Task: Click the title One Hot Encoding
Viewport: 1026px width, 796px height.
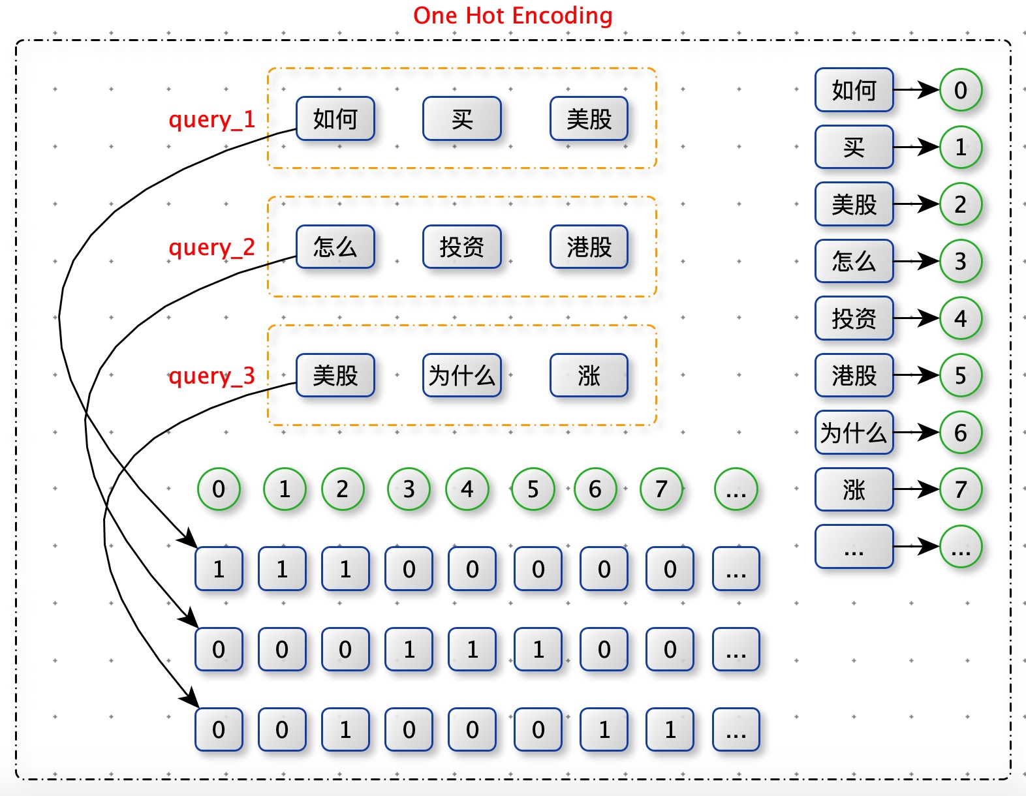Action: click(x=513, y=16)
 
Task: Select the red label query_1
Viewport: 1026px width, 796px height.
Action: click(x=212, y=119)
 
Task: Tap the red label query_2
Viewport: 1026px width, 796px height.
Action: click(x=212, y=247)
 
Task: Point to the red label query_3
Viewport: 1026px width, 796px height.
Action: click(x=212, y=376)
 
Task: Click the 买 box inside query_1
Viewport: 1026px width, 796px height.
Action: click(x=462, y=119)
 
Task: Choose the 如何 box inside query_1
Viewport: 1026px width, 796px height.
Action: click(x=335, y=119)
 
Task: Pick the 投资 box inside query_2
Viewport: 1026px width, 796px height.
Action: click(x=462, y=247)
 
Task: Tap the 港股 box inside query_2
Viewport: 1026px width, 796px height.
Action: click(x=589, y=247)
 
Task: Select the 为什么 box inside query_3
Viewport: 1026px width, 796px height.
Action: click(x=462, y=375)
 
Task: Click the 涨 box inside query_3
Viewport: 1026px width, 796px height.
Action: click(x=589, y=375)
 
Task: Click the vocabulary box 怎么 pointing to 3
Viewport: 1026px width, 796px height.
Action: click(x=854, y=261)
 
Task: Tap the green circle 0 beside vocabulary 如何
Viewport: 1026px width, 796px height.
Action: click(x=960, y=89)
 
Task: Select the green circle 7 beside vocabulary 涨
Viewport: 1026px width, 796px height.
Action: click(x=960, y=489)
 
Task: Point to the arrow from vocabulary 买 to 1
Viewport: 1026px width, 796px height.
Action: click(x=916, y=147)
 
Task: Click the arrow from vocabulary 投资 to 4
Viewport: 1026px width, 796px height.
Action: click(x=916, y=318)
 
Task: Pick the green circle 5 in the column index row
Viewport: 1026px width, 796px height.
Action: click(x=533, y=489)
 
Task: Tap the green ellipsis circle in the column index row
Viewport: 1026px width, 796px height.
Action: click(x=736, y=489)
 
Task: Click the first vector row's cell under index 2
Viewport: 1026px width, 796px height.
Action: click(x=345, y=568)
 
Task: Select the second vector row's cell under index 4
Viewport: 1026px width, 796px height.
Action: click(x=472, y=649)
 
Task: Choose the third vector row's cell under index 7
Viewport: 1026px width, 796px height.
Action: click(x=670, y=729)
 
